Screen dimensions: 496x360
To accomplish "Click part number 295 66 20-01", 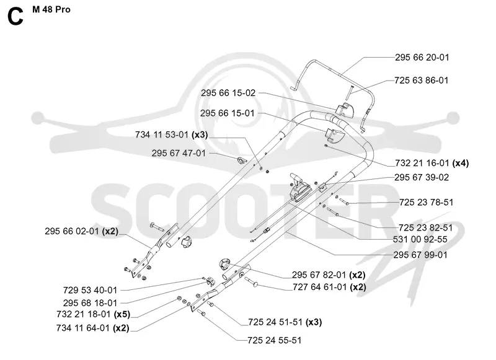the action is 422,58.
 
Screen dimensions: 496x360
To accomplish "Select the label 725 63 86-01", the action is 422,81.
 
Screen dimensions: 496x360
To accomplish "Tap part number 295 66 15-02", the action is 228,93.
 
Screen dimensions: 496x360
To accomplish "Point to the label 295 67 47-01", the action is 179,153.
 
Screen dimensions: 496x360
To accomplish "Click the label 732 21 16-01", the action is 422,163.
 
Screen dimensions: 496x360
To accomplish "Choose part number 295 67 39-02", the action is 422,177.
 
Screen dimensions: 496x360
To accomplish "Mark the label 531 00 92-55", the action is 420,239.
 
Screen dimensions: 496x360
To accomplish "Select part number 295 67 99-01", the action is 420,255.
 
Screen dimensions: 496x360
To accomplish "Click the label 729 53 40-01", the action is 90,290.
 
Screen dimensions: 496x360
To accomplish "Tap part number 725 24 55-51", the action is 275,340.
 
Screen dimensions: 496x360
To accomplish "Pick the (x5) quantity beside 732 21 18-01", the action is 122,315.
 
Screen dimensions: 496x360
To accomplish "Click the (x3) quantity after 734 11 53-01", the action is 200,135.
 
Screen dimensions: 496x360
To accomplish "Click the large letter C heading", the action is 15,17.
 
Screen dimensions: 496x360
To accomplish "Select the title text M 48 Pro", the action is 51,10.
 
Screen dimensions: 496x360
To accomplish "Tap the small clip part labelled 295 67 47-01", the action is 241,160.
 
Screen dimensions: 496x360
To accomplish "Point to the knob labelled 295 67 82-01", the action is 224,264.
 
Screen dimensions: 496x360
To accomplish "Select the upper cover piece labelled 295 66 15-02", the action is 345,110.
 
